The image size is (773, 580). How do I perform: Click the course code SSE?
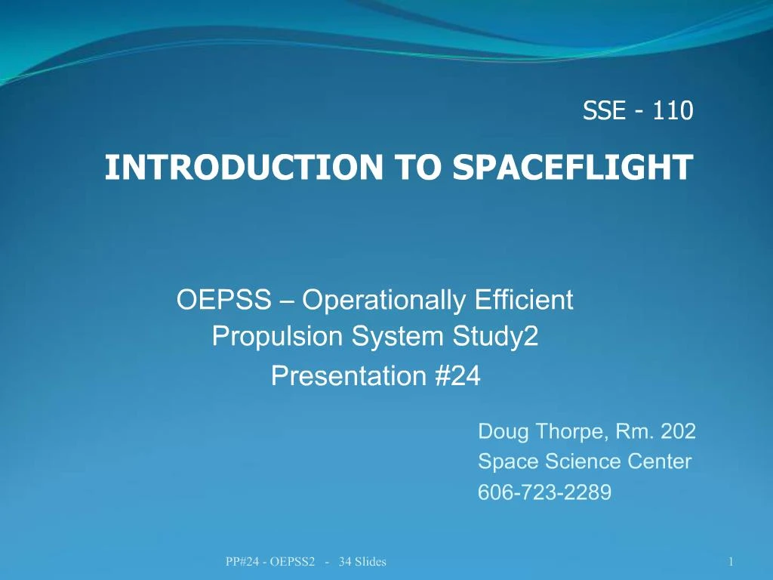[x=604, y=111]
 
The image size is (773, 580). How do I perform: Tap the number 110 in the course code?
[x=673, y=111]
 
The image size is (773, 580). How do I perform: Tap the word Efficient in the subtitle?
[x=525, y=301]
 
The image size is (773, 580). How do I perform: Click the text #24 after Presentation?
[x=457, y=375]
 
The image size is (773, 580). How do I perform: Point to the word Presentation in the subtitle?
[x=350, y=375]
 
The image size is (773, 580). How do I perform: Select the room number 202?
[x=678, y=432]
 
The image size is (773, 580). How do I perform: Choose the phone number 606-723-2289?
[x=544, y=492]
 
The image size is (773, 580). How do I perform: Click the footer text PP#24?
[x=243, y=561]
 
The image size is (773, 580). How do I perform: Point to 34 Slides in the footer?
[x=363, y=561]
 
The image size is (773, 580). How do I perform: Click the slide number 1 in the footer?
[x=731, y=561]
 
